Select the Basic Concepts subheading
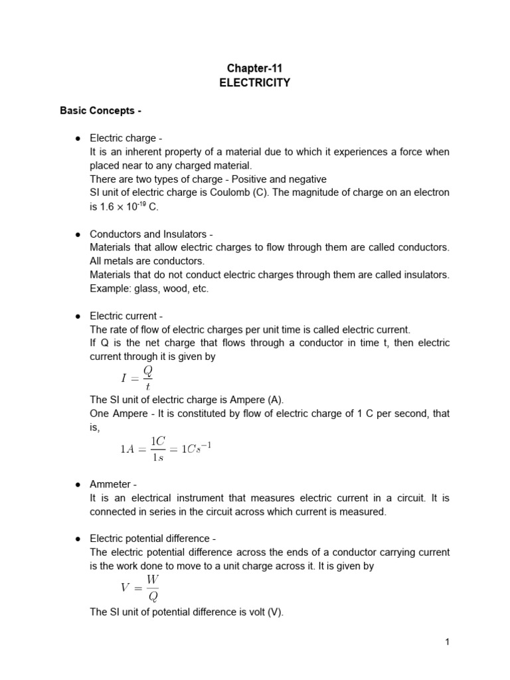(x=101, y=110)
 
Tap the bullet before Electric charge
(x=78, y=138)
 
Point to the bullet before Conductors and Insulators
(x=78, y=234)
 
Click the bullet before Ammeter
(x=78, y=484)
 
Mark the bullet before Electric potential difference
(x=78, y=539)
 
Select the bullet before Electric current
(x=78, y=316)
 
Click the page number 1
(x=448, y=641)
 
